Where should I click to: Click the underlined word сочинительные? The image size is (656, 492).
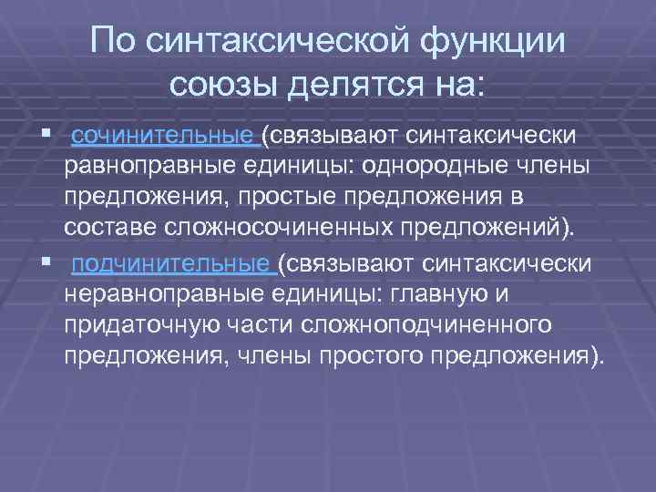pyautogui.click(x=164, y=137)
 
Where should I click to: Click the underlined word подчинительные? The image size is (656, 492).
pyautogui.click(x=172, y=263)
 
